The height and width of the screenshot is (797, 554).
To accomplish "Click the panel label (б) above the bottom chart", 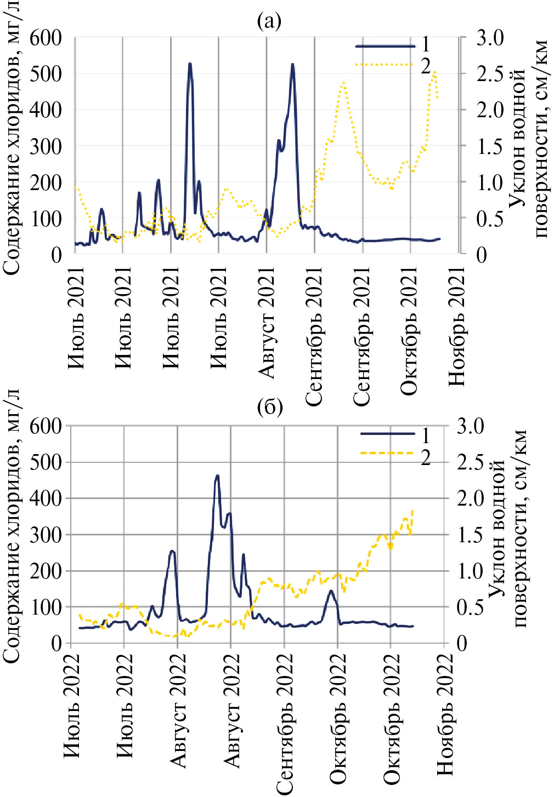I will (269, 408).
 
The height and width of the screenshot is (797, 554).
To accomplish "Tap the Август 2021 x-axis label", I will (266, 323).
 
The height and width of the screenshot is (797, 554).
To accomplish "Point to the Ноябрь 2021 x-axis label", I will (456, 326).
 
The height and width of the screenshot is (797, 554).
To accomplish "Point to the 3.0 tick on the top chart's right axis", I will (489, 38).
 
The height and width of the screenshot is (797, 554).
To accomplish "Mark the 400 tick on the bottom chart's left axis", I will (46, 498).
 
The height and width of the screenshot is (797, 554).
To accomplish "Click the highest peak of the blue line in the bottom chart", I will (217, 475).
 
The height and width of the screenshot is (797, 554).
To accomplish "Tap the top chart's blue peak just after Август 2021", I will (292, 64).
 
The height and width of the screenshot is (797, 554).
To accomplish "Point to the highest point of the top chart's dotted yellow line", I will (434, 71).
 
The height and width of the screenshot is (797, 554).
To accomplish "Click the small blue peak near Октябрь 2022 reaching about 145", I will (331, 590).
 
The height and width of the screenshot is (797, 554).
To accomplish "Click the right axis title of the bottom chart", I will (507, 537).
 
